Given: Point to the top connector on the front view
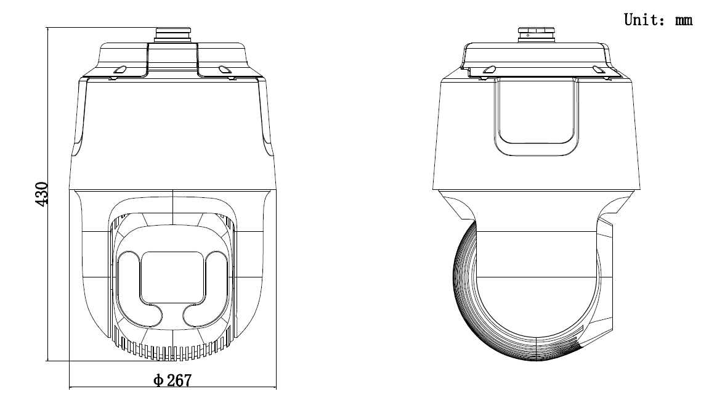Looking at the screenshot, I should [x=172, y=35].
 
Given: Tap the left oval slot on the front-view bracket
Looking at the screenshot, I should [x=121, y=70].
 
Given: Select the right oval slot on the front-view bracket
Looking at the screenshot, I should [x=224, y=70].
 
